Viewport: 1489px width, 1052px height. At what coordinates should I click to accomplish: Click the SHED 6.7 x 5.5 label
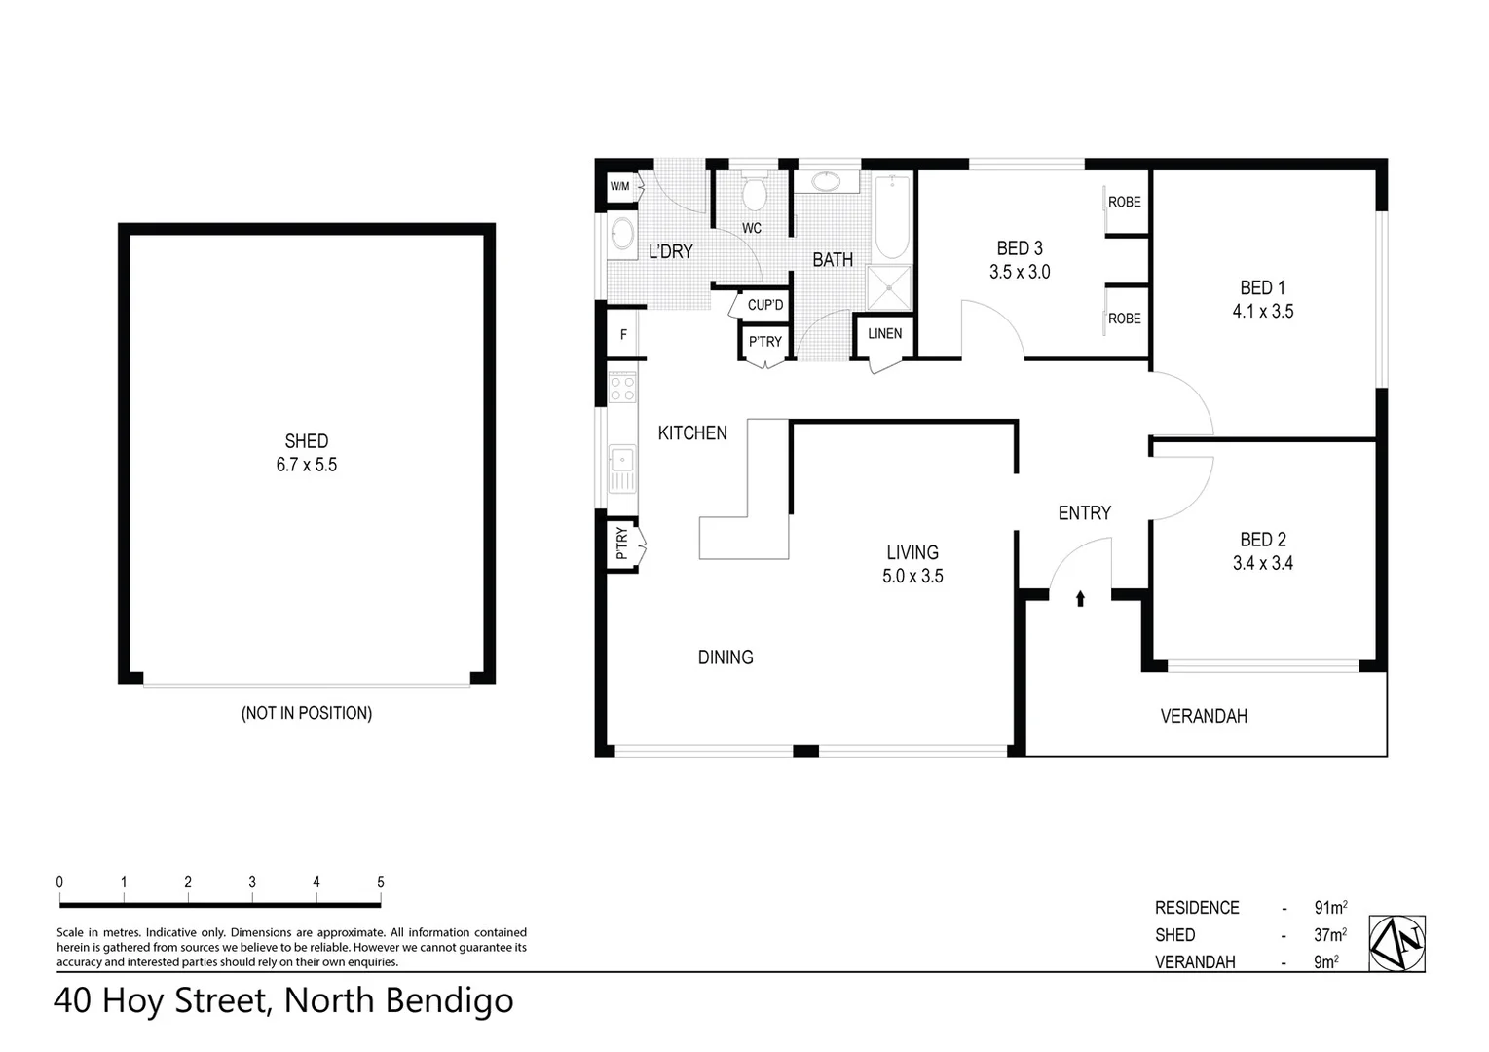[x=306, y=453]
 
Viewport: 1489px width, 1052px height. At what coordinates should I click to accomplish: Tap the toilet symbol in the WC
[x=753, y=194]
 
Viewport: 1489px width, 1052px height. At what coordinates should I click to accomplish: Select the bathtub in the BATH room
[x=891, y=215]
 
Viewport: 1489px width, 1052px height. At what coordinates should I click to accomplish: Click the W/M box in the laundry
[x=619, y=186]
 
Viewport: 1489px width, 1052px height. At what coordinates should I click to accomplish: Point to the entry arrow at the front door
[x=1080, y=598]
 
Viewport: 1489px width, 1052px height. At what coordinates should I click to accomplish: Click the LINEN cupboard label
[x=884, y=334]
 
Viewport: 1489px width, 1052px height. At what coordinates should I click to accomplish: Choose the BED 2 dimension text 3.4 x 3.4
[x=1262, y=563]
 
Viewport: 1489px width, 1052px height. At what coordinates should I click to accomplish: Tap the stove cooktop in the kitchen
[x=621, y=389]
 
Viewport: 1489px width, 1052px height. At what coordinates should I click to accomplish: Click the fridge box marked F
[x=623, y=335]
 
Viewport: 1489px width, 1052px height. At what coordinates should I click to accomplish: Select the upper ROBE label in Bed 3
[x=1124, y=202]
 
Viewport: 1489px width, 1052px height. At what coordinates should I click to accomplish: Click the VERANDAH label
[x=1204, y=717]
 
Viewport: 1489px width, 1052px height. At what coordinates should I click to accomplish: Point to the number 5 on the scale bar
[x=381, y=883]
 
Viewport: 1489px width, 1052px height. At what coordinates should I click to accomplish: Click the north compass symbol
[x=1396, y=943]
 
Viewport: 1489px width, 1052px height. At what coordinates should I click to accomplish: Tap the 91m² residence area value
[x=1329, y=908]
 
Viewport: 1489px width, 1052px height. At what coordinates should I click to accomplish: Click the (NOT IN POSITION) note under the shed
[x=306, y=713]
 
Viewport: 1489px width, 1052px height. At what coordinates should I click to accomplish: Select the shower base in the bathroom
[x=889, y=288]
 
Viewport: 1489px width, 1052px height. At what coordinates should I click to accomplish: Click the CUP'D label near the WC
[x=764, y=305]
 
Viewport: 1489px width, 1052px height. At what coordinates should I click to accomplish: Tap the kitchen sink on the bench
[x=620, y=469]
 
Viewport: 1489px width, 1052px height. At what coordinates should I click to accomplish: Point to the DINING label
[x=726, y=657]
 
